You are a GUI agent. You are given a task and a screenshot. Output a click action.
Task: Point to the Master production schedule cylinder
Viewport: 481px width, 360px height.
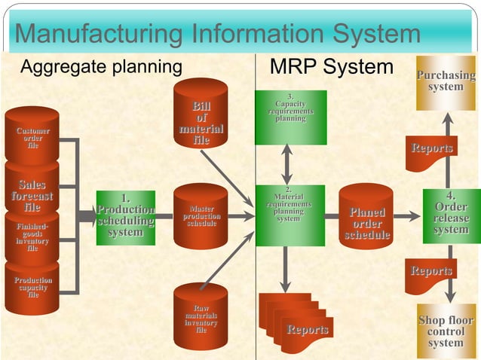tap(201, 216)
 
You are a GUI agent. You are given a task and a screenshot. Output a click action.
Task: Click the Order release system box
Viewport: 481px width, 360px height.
tap(451, 215)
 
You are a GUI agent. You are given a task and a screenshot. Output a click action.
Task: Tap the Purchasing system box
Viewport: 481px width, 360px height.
tap(446, 81)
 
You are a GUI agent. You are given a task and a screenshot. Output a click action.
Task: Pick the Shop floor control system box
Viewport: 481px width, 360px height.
tap(446, 331)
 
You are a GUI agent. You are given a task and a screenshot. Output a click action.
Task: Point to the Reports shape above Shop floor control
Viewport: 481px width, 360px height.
tap(431, 273)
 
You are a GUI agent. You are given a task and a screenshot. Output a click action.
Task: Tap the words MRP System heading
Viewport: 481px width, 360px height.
tap(331, 67)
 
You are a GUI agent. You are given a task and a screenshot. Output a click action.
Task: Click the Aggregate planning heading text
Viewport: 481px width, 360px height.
tap(101, 67)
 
